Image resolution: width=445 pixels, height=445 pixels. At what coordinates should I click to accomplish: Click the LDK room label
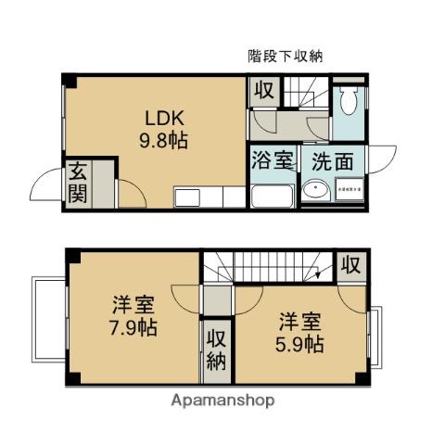pos(163,119)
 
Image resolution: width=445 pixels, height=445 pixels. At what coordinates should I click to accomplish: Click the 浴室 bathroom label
pos(271,159)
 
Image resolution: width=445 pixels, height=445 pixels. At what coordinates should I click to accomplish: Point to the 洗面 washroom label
pos(331,159)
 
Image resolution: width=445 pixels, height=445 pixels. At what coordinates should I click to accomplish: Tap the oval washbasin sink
pos(314,192)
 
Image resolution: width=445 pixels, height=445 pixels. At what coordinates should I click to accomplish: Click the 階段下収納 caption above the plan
pos(285,56)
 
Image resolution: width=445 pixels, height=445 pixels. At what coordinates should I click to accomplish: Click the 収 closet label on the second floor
pos(349,263)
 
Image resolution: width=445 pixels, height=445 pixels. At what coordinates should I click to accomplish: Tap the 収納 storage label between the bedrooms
pos(216,349)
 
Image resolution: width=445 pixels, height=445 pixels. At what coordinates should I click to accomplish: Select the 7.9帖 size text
pos(133,328)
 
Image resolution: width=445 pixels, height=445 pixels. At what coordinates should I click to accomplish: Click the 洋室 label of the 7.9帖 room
pos(133,304)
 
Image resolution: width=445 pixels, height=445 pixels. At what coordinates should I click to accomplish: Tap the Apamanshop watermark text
pos(222,400)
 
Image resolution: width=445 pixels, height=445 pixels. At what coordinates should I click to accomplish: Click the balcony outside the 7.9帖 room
pos(47,320)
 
